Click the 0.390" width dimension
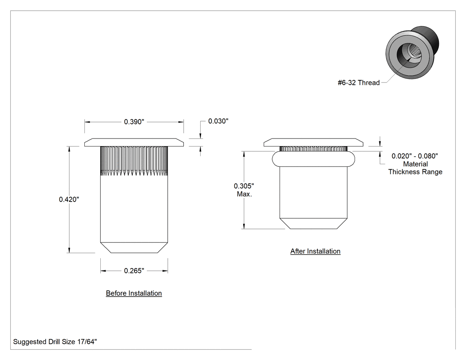(134, 122)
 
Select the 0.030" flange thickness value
(218, 121)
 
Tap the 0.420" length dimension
(69, 199)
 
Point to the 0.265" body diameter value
(134, 270)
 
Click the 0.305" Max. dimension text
(244, 190)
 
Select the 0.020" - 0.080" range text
(415, 156)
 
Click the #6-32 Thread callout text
(359, 83)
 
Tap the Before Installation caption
(134, 293)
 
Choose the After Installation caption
(315, 251)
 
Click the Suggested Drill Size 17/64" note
(55, 341)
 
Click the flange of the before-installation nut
(134, 142)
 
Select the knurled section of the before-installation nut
(134, 161)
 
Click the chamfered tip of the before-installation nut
(134, 247)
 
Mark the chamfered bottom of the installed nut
(313, 224)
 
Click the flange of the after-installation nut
(313, 142)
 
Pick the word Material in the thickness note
(415, 164)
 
